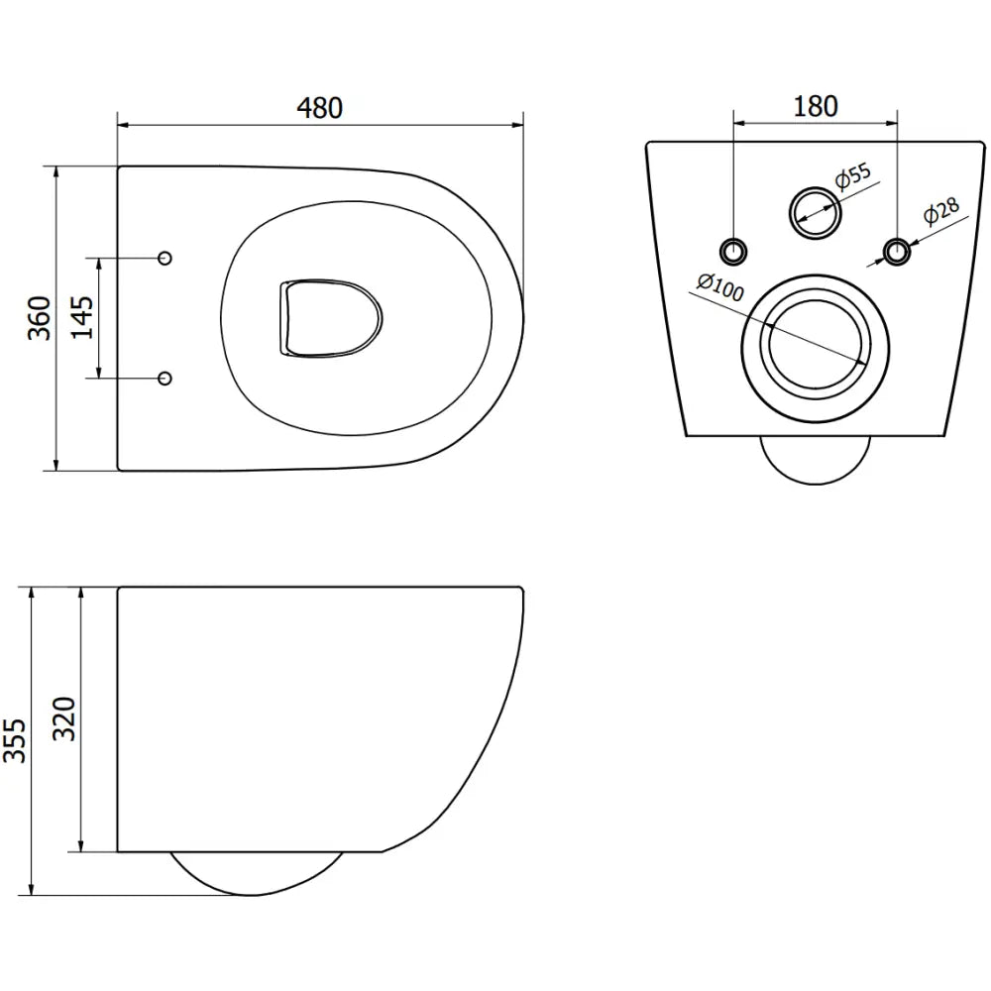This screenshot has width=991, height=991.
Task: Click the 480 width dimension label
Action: (x=319, y=107)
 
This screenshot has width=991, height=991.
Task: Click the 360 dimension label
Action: (x=39, y=317)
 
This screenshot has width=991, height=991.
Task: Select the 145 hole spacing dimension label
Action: (x=82, y=317)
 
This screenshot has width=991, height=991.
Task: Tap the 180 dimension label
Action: (x=816, y=106)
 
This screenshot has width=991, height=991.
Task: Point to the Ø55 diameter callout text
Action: (x=851, y=176)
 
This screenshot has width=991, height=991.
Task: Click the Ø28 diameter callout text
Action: (x=938, y=213)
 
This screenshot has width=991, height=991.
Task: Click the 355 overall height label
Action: (x=15, y=740)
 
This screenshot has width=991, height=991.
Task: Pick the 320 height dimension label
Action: (x=62, y=718)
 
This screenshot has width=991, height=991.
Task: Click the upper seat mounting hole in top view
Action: (x=165, y=258)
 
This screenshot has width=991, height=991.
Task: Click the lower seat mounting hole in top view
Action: (x=165, y=378)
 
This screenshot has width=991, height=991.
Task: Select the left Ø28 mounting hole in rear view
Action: (x=733, y=251)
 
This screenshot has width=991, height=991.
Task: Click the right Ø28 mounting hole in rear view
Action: (x=897, y=251)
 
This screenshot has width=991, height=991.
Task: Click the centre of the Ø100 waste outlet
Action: (x=815, y=343)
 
